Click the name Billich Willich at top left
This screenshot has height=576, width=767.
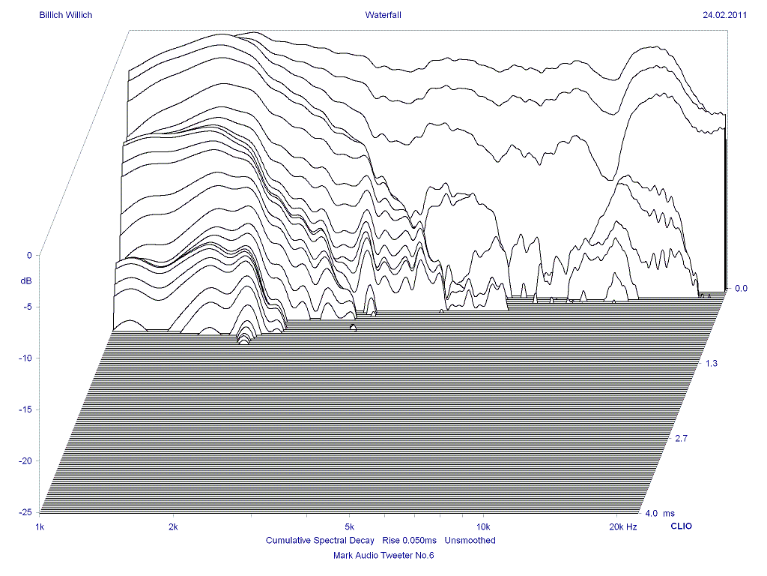tap(66, 14)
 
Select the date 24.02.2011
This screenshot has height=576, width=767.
tap(724, 14)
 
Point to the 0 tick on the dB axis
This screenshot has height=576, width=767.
tap(29, 256)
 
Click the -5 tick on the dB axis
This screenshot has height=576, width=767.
tap(27, 307)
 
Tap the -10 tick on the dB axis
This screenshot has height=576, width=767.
tap(25, 358)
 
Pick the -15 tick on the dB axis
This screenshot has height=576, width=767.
tap(25, 409)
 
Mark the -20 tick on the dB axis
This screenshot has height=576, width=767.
tap(25, 460)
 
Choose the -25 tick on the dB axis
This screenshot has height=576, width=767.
tap(25, 512)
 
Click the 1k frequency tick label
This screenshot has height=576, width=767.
tap(40, 527)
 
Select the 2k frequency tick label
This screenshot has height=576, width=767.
tap(173, 527)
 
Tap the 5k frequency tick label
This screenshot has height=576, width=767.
tap(349, 527)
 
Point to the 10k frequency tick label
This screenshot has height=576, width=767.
tap(483, 527)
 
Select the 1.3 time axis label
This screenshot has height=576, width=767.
tap(711, 363)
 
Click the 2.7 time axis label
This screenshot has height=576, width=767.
tap(681, 438)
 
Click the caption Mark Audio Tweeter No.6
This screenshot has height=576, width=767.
tap(383, 556)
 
